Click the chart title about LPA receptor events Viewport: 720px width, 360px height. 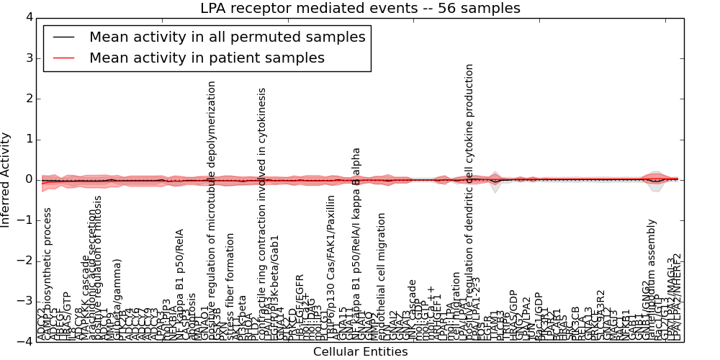360,9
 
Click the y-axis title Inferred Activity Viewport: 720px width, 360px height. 6,179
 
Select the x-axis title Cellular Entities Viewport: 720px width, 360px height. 360,352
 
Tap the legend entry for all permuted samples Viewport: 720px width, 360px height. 227,37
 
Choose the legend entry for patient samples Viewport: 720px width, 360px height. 207,58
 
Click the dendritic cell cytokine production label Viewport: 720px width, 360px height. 469,202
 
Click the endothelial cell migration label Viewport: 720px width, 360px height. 382,277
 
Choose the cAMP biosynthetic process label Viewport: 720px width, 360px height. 48,274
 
